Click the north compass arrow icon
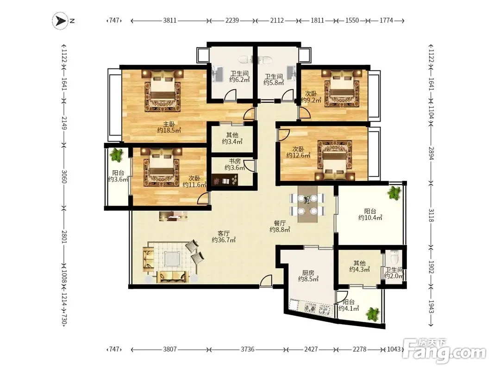coord(61,21)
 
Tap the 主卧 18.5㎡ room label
coord(169,127)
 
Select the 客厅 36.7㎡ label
coord(224,237)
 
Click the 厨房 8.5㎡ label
coord(308,276)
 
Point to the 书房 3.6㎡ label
coord(235,165)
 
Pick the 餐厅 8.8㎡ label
coord(280,226)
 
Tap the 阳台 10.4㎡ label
coord(370,214)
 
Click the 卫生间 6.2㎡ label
coord(239,76)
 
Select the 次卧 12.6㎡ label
coord(298,152)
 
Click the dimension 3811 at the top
coord(169,20)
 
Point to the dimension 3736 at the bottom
coord(247,349)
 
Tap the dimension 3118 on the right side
coord(431,215)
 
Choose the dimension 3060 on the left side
coord(64,177)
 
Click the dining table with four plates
coord(307,204)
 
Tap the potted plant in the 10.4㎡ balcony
coord(394,192)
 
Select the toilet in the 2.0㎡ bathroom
coord(394,257)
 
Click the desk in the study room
coord(225,179)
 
